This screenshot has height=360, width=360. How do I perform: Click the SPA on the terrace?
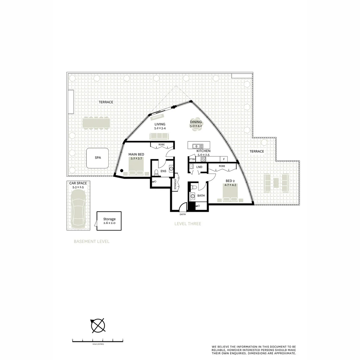pyautogui.click(x=97, y=158)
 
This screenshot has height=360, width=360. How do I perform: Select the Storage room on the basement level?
pyautogui.click(x=109, y=221)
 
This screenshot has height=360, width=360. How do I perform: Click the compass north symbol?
pyautogui.click(x=98, y=325)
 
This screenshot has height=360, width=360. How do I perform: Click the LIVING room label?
pyautogui.click(x=160, y=124)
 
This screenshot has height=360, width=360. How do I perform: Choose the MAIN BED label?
pyautogui.click(x=136, y=154)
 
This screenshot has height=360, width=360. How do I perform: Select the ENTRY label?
pyautogui.click(x=183, y=214)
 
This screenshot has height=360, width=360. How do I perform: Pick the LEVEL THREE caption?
pyautogui.click(x=188, y=224)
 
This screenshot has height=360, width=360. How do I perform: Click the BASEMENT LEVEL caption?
pyautogui.click(x=91, y=241)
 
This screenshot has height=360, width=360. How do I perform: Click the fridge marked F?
pyautogui.click(x=224, y=159)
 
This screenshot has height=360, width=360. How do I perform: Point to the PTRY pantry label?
pyautogui.click(x=192, y=159)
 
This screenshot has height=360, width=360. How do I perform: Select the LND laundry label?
pyautogui.click(x=199, y=167)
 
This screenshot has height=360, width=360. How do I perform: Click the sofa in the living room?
pyautogui.click(x=160, y=136)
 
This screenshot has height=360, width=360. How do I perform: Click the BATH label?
pyautogui.click(x=201, y=196)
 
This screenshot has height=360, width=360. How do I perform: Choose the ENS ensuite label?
pyautogui.click(x=163, y=171)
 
